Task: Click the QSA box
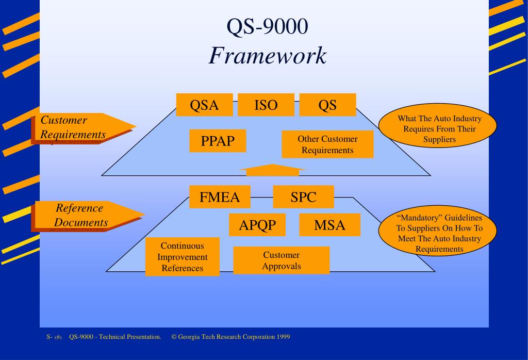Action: pyautogui.click(x=204, y=105)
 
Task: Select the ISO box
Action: pyautogui.click(x=266, y=105)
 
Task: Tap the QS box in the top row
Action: pyautogui.click(x=327, y=105)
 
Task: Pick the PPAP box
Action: pyautogui.click(x=218, y=141)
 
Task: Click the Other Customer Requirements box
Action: pyautogui.click(x=327, y=144)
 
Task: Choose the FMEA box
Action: pyautogui.click(x=220, y=197)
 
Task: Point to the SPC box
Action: pyautogui.click(x=303, y=197)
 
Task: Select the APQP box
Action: pyautogui.click(x=257, y=225)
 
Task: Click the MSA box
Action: pyautogui.click(x=329, y=225)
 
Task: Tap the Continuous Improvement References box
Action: pyautogui.click(x=182, y=257)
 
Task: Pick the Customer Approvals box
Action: pyautogui.click(x=281, y=260)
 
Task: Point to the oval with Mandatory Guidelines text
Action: pyautogui.click(x=439, y=233)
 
